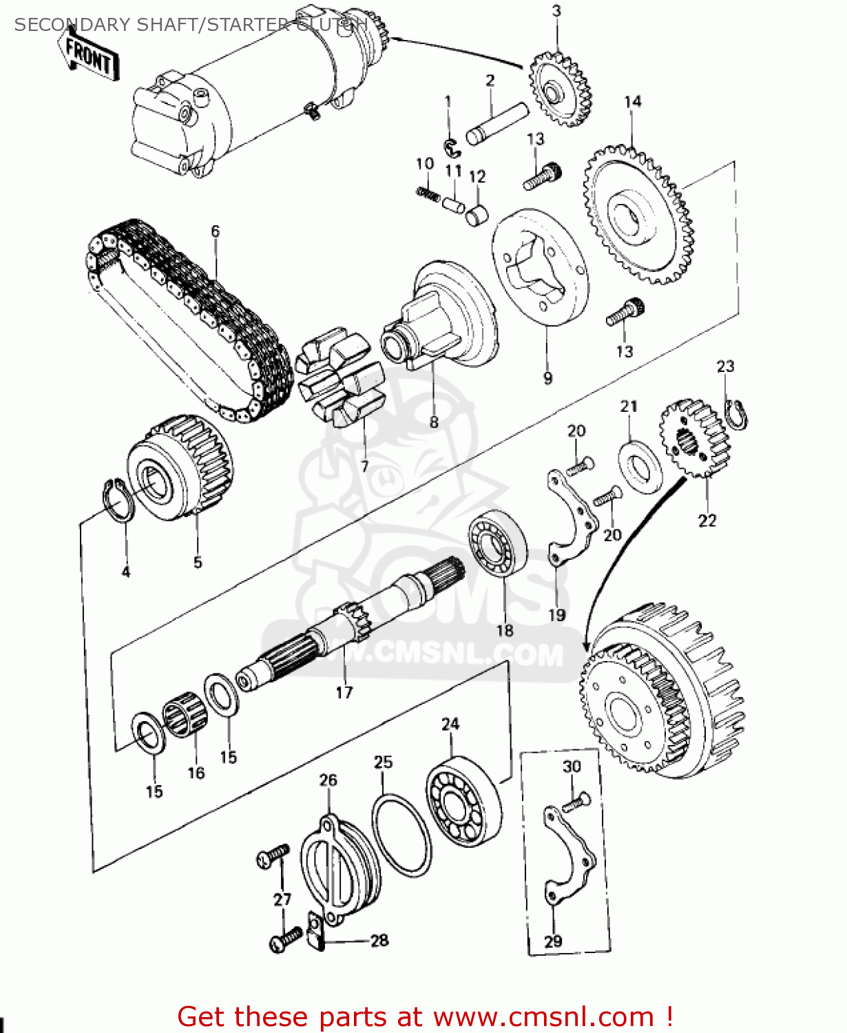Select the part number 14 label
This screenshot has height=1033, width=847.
632,102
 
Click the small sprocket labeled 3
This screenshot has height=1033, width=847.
559,90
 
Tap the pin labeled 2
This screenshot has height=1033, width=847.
497,123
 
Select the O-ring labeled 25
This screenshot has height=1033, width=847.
402,835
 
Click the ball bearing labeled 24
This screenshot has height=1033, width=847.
463,802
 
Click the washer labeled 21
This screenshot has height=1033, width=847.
640,469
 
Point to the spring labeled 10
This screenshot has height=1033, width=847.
428,194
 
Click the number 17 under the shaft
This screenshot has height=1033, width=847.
344,692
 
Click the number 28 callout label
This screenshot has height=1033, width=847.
379,940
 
